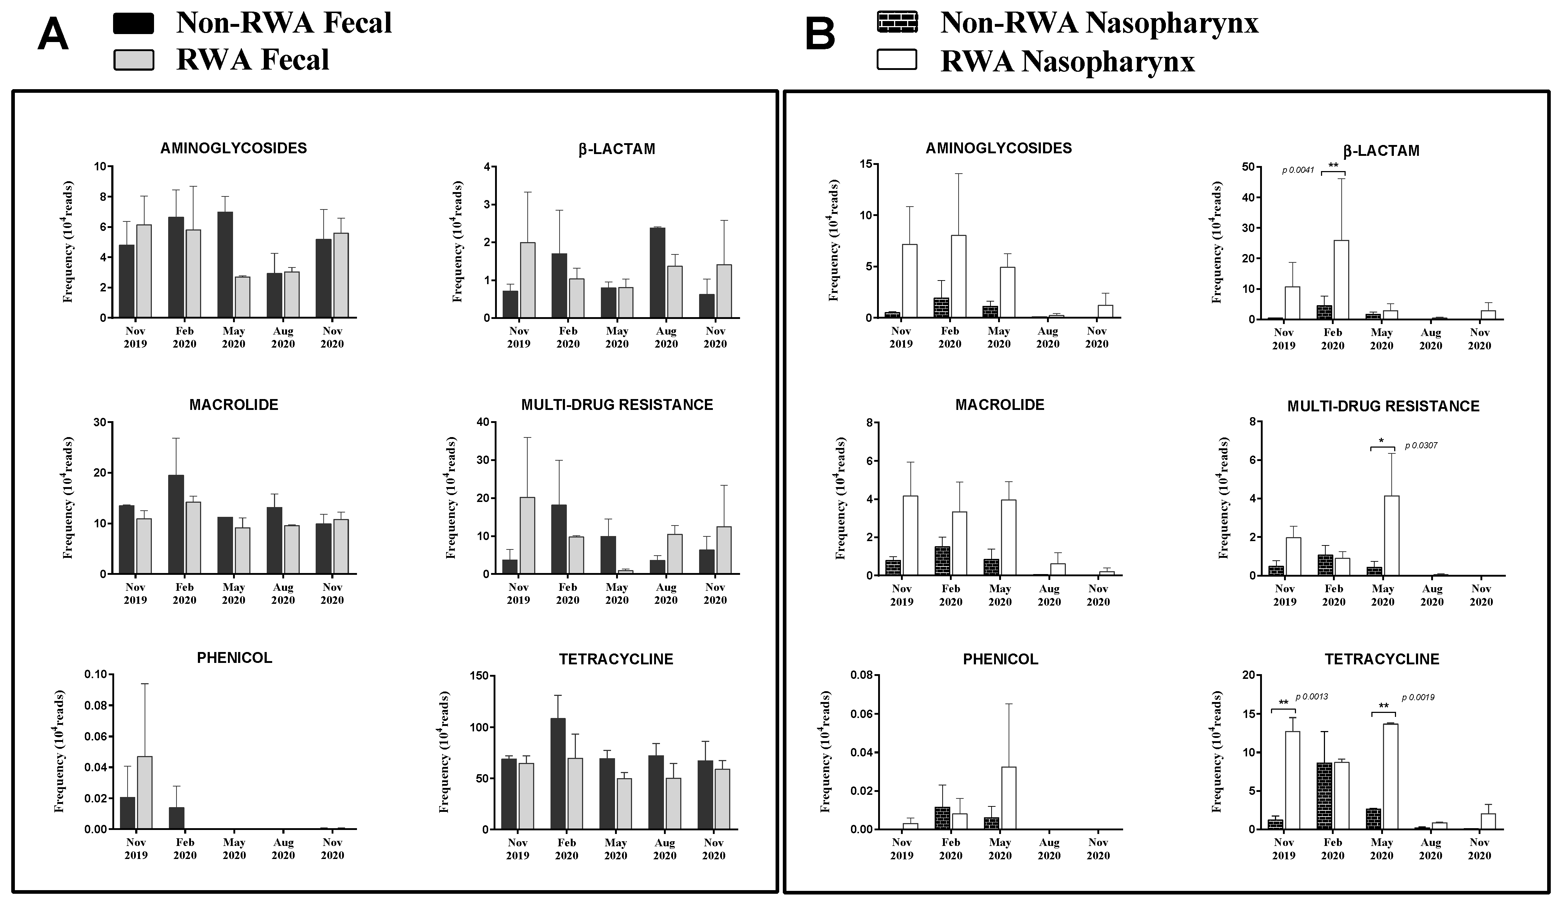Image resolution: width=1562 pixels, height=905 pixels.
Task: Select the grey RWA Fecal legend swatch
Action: click(x=133, y=60)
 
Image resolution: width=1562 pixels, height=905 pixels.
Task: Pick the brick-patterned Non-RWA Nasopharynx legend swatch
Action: click(x=897, y=22)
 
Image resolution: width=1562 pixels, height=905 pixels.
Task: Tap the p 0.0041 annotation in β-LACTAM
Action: click(x=1298, y=170)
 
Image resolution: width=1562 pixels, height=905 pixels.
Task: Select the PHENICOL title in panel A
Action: click(x=234, y=658)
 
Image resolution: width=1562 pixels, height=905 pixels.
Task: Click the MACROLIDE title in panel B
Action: click(x=999, y=405)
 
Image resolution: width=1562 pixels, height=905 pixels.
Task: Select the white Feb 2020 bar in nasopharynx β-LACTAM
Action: click(x=1341, y=279)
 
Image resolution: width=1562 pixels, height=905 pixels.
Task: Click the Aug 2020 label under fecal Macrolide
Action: click(x=283, y=593)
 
